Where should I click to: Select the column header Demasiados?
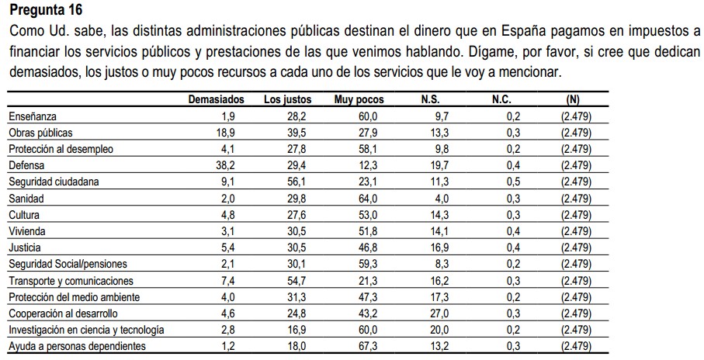[x=217, y=100]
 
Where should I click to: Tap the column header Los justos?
[x=288, y=100]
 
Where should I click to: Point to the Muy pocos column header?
[x=359, y=100]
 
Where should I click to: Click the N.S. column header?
[x=430, y=100]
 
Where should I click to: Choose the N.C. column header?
[x=501, y=100]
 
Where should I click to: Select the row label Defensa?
[x=26, y=165]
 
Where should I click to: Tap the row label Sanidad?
[x=26, y=198]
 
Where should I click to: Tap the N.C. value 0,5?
[x=512, y=182]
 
